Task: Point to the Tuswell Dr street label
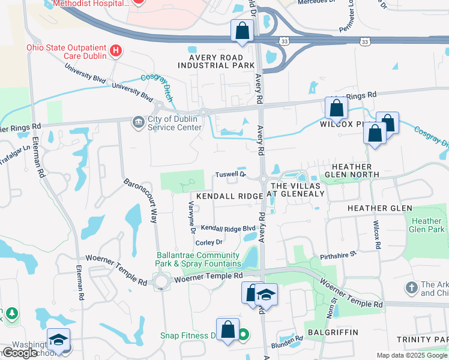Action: [x=231, y=175]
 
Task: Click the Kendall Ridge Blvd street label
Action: [x=228, y=228]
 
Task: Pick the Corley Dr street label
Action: [x=209, y=242]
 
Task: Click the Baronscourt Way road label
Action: [x=140, y=200]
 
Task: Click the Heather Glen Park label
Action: [x=427, y=225]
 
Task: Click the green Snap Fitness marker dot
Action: [x=243, y=335]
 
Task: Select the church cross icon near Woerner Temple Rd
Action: [x=412, y=289]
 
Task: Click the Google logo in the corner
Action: [x=20, y=353]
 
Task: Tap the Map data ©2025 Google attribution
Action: [x=412, y=355]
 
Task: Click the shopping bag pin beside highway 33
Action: [x=242, y=31]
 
